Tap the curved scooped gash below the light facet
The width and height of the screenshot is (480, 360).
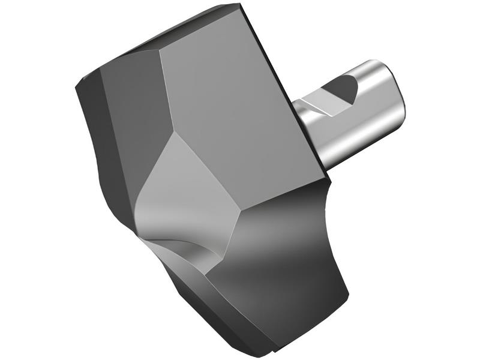coord(180,246)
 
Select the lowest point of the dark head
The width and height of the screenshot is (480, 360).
coord(273,351)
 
